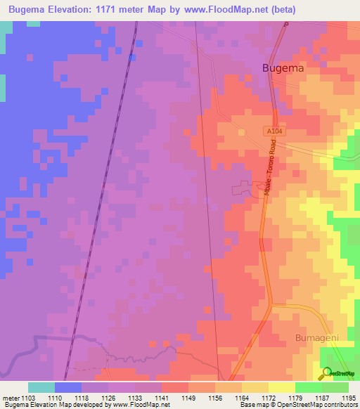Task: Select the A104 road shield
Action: click(x=275, y=131)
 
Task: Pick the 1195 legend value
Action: click(x=348, y=398)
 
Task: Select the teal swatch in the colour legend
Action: click(x=41, y=387)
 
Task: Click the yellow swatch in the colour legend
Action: click(x=281, y=387)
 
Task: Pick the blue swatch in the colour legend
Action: click(x=67, y=387)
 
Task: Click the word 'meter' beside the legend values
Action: click(x=11, y=398)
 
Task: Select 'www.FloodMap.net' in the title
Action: click(x=229, y=9)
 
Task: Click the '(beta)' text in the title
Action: click(x=282, y=9)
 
